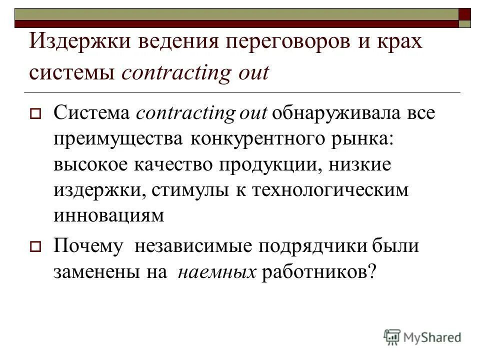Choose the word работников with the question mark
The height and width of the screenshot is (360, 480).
click(318, 271)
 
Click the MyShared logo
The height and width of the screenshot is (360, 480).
click(422, 337)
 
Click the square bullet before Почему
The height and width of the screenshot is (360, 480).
click(35, 247)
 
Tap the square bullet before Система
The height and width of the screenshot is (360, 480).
click(35, 113)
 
